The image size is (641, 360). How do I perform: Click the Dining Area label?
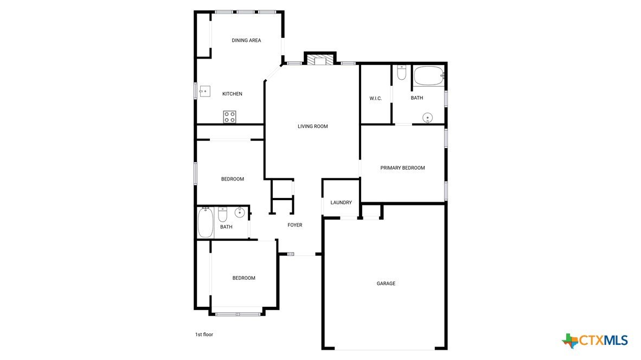pos(246,40)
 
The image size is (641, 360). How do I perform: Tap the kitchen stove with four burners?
pos(229,117)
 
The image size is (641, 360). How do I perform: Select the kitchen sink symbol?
pos(204,91)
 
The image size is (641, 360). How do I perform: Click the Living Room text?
pos(313,126)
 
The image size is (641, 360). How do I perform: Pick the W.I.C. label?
pos(375,99)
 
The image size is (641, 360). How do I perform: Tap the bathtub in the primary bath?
pos(429,76)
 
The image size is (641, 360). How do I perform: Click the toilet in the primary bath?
pos(401,72)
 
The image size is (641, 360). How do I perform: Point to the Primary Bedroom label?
pos(402,168)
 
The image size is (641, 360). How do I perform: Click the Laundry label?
pos(341,202)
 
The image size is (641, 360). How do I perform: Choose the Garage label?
pos(386,283)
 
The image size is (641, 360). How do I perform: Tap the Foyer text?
pos(295,225)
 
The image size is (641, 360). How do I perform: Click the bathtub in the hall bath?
pos(206,222)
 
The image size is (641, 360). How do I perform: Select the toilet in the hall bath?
pos(222,214)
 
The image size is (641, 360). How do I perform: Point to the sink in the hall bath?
pos(240,212)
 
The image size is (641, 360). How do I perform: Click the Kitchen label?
pos(232,94)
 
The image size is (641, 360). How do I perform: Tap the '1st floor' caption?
pos(204,335)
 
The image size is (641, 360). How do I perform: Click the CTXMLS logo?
pos(595,340)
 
